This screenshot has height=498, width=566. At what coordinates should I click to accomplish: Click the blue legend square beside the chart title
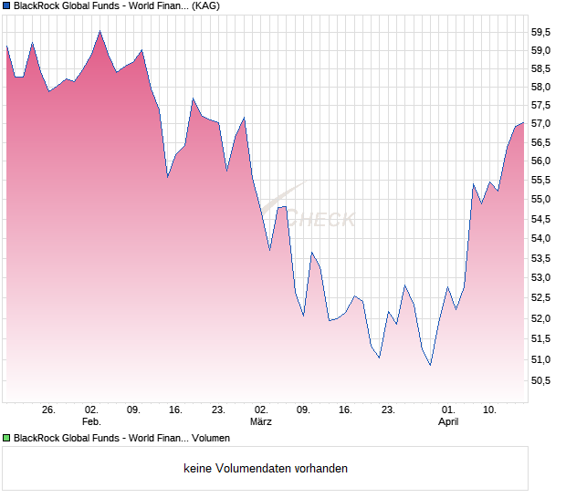(6, 5)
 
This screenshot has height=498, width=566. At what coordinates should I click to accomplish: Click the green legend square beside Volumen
(6, 438)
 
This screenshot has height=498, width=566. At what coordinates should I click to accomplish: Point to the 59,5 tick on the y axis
(540, 31)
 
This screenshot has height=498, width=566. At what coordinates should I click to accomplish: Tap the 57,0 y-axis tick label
(540, 123)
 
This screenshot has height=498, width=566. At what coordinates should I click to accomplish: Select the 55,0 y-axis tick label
(540, 199)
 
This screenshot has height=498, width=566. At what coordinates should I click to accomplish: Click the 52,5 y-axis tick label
(540, 297)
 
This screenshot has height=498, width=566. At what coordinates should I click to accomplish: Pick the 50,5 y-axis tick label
(540, 380)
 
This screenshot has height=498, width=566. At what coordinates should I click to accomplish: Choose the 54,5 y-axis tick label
(540, 219)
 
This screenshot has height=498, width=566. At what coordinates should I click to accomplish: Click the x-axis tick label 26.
(48, 410)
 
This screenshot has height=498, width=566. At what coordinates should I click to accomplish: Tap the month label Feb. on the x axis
(90, 422)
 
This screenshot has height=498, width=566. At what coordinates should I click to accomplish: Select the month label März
(261, 422)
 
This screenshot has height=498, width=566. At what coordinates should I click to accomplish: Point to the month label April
(447, 422)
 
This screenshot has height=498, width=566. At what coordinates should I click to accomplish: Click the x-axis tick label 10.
(490, 410)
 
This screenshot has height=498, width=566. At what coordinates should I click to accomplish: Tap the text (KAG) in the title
(204, 5)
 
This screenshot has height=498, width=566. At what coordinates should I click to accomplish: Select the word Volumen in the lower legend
(211, 438)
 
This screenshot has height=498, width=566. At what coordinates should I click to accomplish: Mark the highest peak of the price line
(100, 31)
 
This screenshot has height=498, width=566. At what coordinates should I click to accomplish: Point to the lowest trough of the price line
(430, 366)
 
